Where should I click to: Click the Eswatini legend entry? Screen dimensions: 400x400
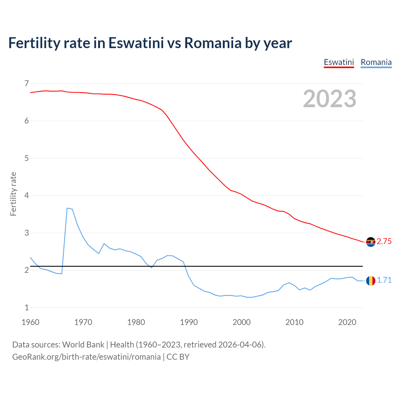[x=339, y=62]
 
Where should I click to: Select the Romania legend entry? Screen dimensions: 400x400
[x=376, y=62]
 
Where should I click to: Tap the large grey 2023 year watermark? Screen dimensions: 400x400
[x=329, y=99]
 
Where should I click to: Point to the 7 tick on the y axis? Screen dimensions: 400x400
[x=27, y=83]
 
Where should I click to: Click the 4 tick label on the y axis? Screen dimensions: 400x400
[x=27, y=196]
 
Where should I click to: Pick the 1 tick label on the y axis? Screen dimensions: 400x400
[x=27, y=307]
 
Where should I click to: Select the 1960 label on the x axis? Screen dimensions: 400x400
[x=30, y=322]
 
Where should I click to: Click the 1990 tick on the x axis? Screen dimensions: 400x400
[x=189, y=322]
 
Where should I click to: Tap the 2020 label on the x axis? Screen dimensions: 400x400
[x=347, y=322]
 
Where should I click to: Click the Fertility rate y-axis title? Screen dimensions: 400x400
[x=13, y=194]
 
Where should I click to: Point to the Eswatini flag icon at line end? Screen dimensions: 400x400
[x=371, y=242]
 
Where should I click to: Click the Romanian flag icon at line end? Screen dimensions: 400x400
[x=371, y=281]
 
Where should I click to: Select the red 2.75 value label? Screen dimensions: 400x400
[x=384, y=242]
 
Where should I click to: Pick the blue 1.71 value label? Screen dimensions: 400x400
[x=384, y=280]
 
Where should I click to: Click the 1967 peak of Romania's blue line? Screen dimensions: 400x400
[x=67, y=208]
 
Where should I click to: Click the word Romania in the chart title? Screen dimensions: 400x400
[x=213, y=43]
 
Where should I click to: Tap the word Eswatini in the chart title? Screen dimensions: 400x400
[x=136, y=43]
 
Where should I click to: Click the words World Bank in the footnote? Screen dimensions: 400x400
[x=83, y=345]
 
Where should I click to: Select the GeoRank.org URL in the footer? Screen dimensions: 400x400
[x=86, y=357]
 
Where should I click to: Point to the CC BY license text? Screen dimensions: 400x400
[x=178, y=357]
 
